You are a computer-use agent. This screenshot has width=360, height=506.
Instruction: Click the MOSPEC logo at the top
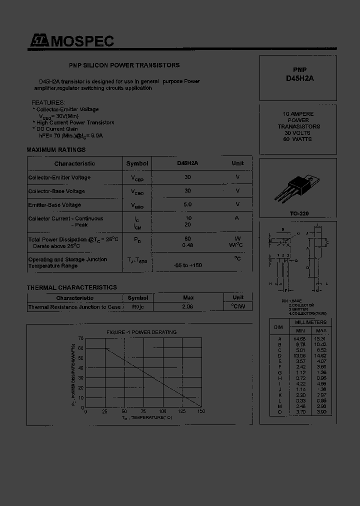[x=70, y=41]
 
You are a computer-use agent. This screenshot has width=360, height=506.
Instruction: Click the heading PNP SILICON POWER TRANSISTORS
[x=124, y=65]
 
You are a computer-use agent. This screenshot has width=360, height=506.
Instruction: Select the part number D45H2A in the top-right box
[x=300, y=78]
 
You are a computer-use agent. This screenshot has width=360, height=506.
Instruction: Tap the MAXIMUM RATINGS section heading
[x=56, y=149]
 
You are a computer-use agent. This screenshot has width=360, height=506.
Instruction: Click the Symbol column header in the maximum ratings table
[x=137, y=163]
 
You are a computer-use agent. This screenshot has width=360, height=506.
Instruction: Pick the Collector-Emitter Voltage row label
[x=59, y=177]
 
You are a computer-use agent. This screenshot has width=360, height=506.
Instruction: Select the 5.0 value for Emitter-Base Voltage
[x=188, y=204]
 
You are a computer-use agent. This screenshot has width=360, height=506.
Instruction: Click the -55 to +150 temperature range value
[x=188, y=265]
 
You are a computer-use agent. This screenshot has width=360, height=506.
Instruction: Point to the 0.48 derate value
[x=188, y=245]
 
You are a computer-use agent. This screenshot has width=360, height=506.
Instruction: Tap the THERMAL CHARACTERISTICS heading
[x=71, y=287]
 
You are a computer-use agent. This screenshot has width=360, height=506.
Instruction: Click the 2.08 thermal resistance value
[x=188, y=307]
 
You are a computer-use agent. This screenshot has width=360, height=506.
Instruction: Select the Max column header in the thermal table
[x=188, y=298]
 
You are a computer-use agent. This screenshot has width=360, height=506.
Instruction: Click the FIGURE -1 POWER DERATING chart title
[x=141, y=332]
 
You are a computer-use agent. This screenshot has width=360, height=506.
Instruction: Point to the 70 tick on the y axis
[x=81, y=338]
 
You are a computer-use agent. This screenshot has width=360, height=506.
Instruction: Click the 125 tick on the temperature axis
[x=182, y=411]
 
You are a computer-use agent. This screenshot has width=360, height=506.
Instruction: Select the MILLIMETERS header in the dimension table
[x=310, y=322]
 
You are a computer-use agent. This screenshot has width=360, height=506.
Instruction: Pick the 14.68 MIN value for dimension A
[x=300, y=338]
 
